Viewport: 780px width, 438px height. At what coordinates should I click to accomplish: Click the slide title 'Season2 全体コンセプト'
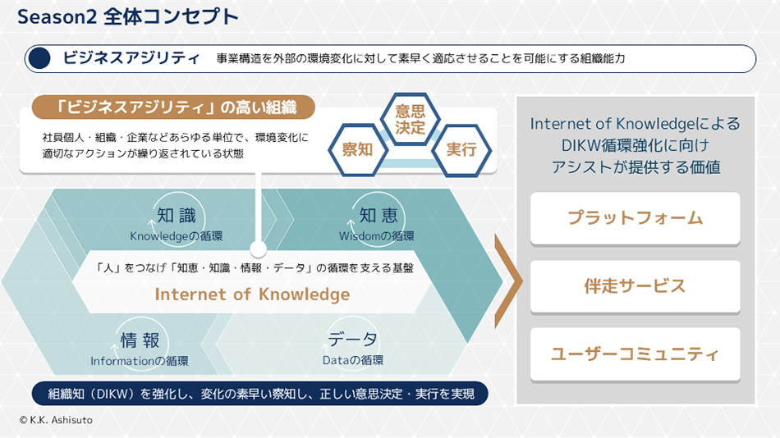[127, 16]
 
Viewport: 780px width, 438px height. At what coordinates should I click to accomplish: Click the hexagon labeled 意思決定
[410, 120]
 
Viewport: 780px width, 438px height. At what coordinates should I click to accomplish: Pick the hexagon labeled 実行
[461, 149]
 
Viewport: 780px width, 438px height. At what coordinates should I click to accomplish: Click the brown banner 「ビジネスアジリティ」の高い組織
[174, 107]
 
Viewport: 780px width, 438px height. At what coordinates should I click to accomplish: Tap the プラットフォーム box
[635, 218]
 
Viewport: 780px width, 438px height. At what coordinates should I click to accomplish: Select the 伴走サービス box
[635, 286]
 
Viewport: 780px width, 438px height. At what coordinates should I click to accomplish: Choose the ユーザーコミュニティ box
[635, 354]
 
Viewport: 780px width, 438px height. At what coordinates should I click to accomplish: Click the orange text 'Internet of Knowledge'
[252, 294]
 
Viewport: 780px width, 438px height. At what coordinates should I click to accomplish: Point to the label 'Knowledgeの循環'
[176, 236]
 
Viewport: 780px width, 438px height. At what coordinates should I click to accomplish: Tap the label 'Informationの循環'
[140, 361]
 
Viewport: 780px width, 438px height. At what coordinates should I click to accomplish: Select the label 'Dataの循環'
[352, 360]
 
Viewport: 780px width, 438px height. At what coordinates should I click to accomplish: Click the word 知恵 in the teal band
[378, 216]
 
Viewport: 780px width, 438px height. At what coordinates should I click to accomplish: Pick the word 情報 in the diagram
[140, 340]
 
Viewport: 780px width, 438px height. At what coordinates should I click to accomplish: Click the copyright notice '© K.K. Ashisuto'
[57, 419]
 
